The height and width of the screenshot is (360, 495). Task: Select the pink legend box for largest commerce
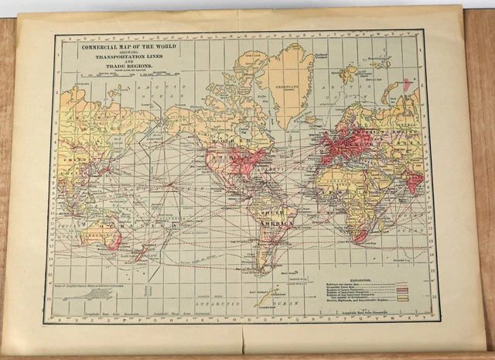(x=401, y=289)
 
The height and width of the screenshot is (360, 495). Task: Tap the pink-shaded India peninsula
(x=415, y=181)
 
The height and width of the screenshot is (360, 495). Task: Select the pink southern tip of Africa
(x=360, y=235)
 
